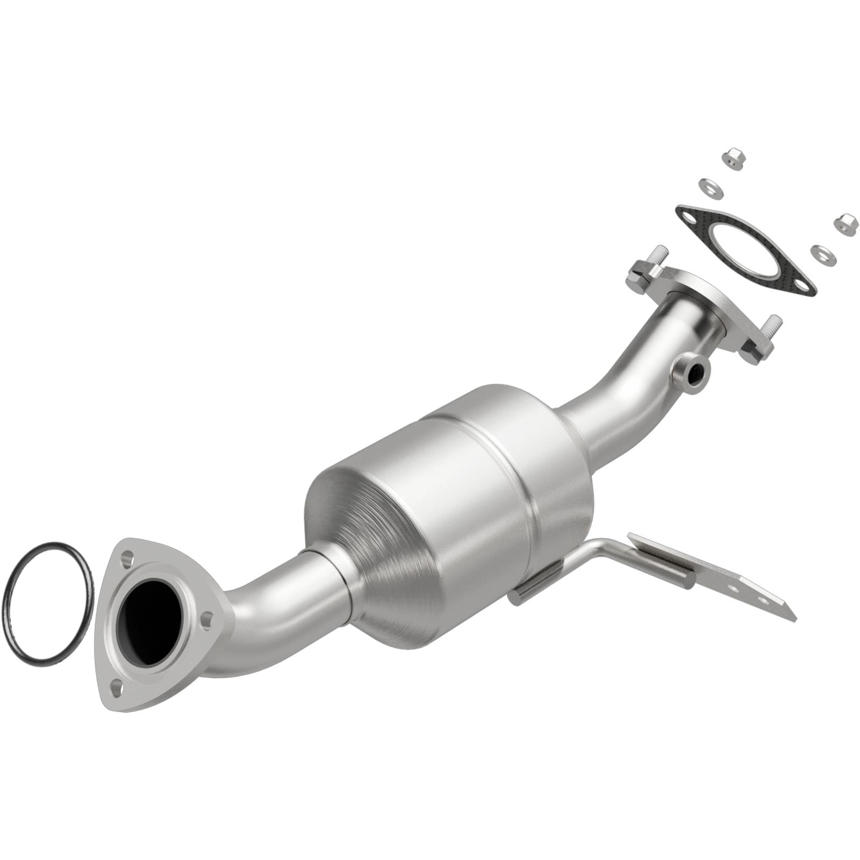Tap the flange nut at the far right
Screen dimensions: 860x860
[x=844, y=224]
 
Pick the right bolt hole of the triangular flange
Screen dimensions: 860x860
[x=205, y=622]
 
